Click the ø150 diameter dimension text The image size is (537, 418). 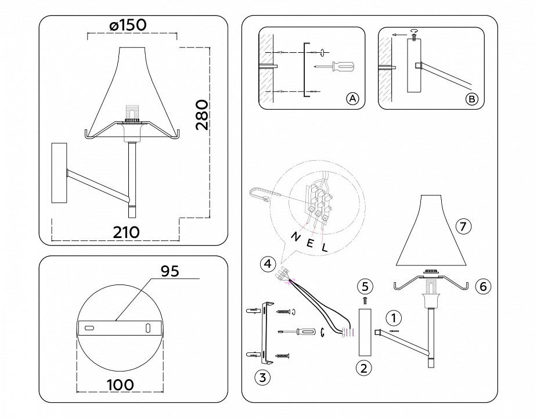coord(127,25)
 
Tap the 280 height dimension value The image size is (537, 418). coord(201,115)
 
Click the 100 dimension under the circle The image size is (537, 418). coord(120,384)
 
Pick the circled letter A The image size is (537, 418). coord(352,99)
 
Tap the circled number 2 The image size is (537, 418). coord(363,367)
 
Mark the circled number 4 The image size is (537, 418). coord(266,264)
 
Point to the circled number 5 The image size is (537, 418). coord(364,286)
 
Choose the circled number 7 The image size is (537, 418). coord(462,227)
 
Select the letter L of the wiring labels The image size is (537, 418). coord(325,246)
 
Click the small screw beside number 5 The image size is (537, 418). coord(364,300)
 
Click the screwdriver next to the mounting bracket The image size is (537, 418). coord(296,332)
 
